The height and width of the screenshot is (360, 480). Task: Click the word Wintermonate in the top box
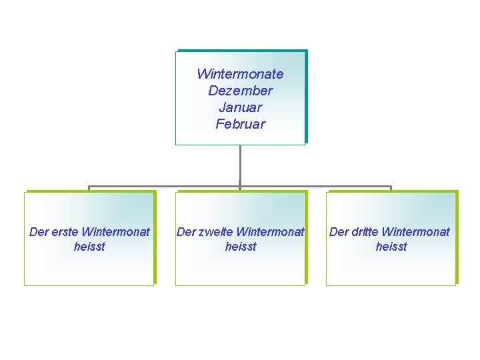click(x=240, y=74)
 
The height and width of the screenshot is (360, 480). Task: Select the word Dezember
click(x=240, y=91)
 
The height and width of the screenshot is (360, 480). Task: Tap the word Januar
click(x=240, y=107)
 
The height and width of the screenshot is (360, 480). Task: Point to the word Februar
click(x=240, y=124)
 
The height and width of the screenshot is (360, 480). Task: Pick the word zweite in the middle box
click(x=214, y=232)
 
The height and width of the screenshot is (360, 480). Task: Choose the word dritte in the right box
click(x=366, y=232)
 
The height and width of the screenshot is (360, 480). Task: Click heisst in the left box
click(x=89, y=247)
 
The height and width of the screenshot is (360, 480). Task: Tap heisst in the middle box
click(x=241, y=247)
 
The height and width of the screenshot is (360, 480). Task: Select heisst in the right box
click(x=391, y=247)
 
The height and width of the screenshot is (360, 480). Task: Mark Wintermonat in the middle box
click(x=270, y=232)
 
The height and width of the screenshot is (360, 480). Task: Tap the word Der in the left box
click(x=39, y=232)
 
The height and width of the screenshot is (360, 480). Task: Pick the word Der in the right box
click(x=339, y=232)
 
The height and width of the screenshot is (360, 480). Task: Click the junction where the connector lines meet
click(x=240, y=187)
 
